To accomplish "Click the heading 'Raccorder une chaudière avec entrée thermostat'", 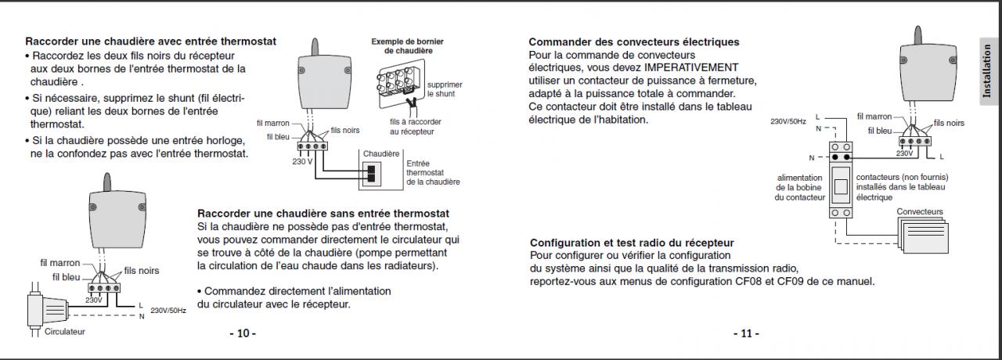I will pyautogui.click(x=150, y=41).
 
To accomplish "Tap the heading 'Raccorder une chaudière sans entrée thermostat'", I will pyautogui.click(x=323, y=213).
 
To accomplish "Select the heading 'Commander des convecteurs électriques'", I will pyautogui.click(x=633, y=41).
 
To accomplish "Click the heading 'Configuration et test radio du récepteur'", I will pyautogui.click(x=632, y=243).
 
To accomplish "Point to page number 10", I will pyautogui.click(x=243, y=333).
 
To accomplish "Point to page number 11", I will pyautogui.click(x=746, y=333).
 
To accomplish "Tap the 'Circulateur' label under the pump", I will pyautogui.click(x=64, y=332).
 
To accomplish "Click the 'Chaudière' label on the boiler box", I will pyautogui.click(x=382, y=153).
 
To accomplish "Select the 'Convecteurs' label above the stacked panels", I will pyautogui.click(x=920, y=212).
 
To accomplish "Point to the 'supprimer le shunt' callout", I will pyautogui.click(x=444, y=88).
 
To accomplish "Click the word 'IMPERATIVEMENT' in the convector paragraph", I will pyautogui.click(x=699, y=68).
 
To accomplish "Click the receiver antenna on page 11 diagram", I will pyautogui.click(x=916, y=35).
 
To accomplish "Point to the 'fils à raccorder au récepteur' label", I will pyautogui.click(x=415, y=127).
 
